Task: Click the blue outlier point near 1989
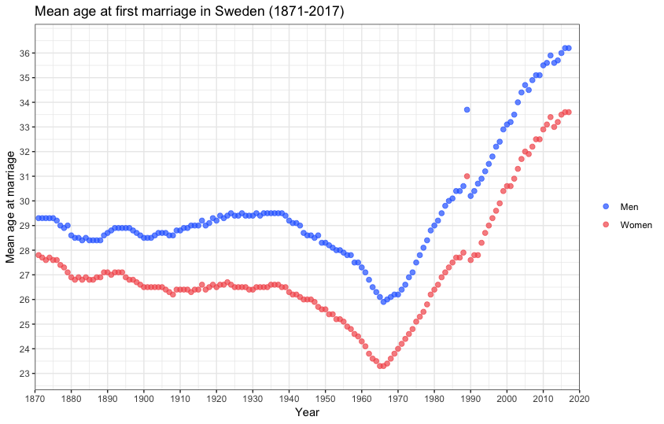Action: tap(467, 109)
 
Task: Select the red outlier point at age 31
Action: tap(467, 176)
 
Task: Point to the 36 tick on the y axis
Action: tap(24, 53)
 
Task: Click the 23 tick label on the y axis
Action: tap(24, 374)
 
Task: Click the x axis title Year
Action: tap(307, 411)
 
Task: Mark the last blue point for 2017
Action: tap(568, 48)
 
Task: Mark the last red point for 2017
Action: tap(568, 112)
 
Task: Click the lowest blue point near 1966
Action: tap(383, 301)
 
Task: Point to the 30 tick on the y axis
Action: tap(24, 201)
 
